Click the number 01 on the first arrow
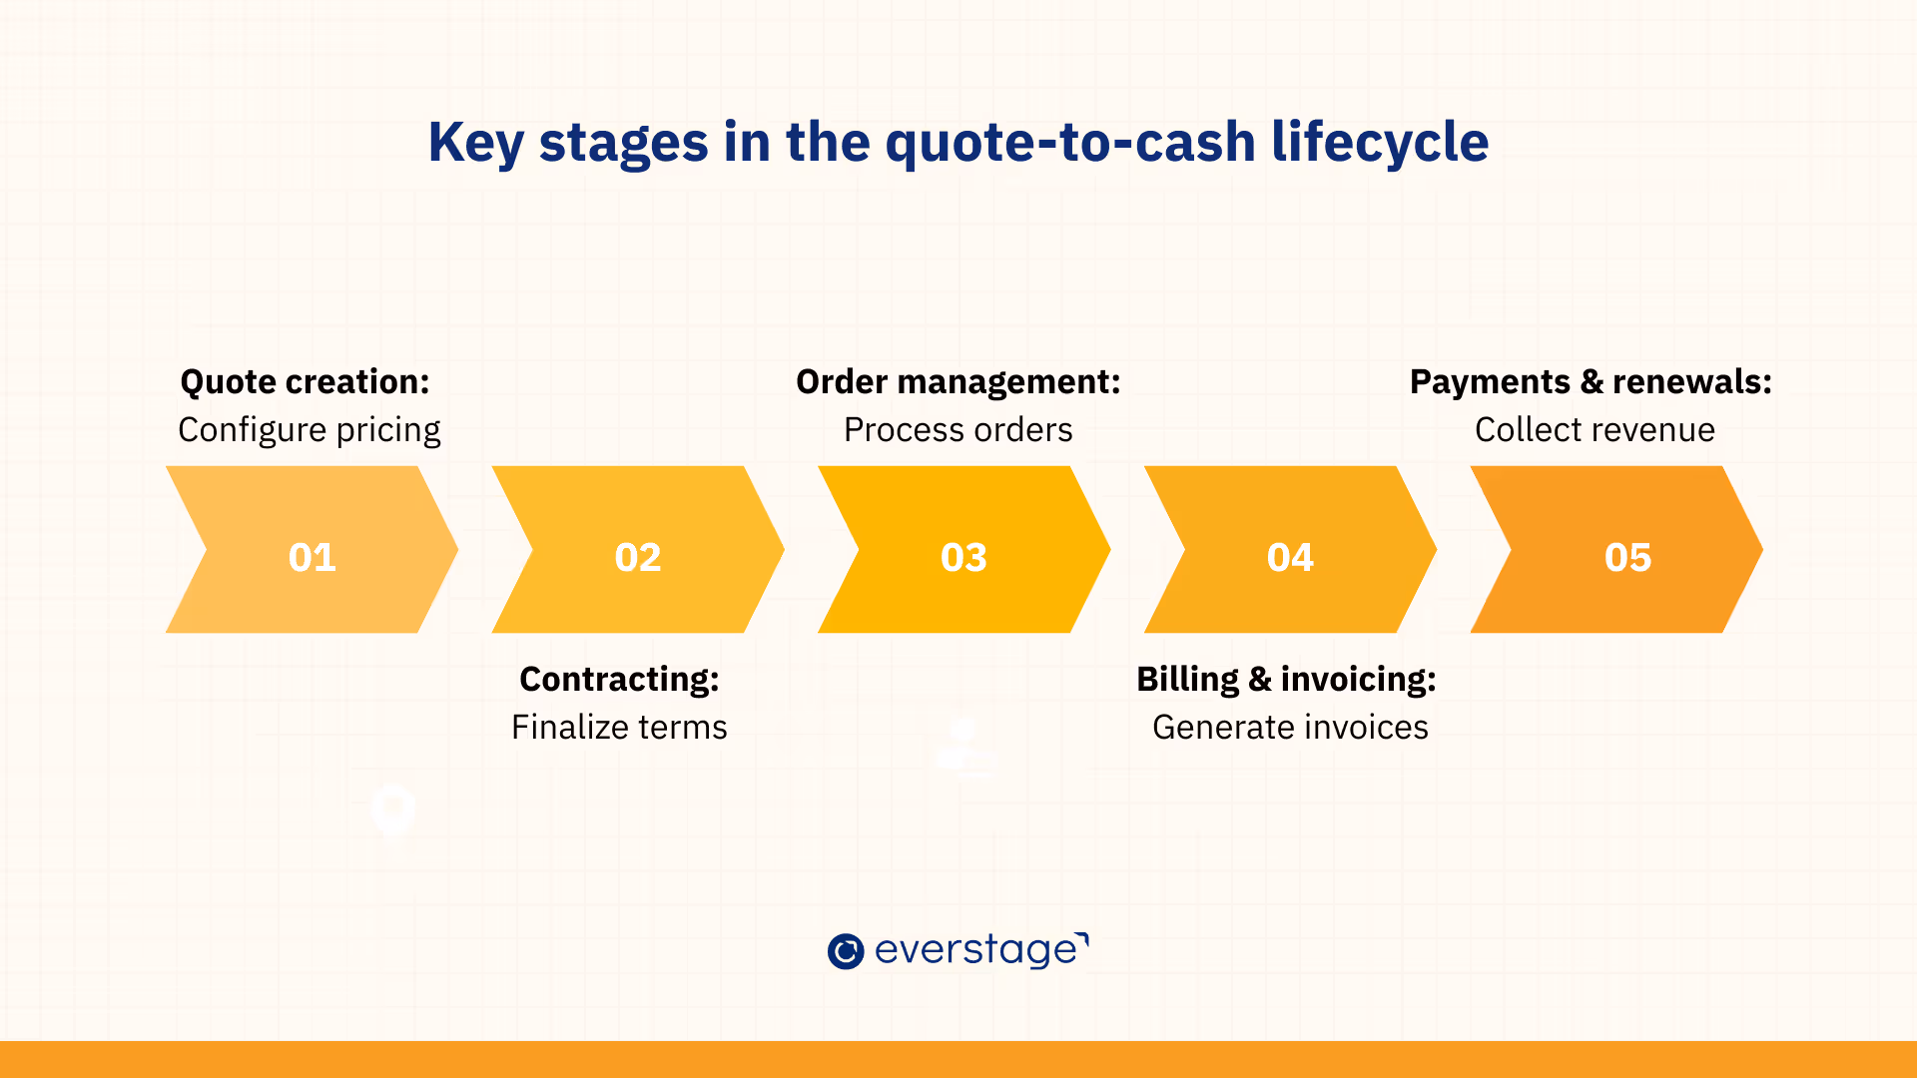tap(312, 557)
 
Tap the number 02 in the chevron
tap(638, 557)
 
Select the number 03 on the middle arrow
tap(963, 557)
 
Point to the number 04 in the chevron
tap(1290, 557)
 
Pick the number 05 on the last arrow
tap(1627, 557)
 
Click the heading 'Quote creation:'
tap(305, 382)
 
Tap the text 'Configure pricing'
tap(310, 430)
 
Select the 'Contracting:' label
tap(619, 680)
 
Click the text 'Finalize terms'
tap(619, 728)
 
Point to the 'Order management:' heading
tap(958, 382)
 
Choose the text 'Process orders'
tap(958, 430)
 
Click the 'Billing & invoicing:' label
tap(1286, 680)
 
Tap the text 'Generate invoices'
tap(1290, 728)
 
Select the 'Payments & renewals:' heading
tap(1591, 382)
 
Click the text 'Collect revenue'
tap(1595, 430)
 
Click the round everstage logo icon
tap(846, 951)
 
